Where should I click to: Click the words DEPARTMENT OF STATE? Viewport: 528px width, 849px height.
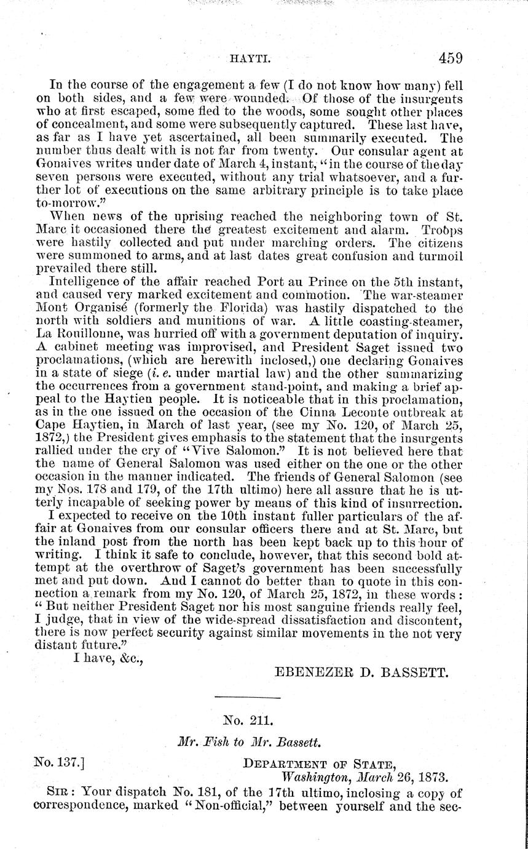click(x=318, y=765)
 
